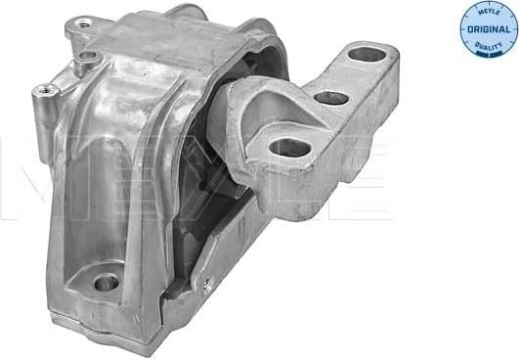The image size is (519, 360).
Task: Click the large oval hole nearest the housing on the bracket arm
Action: point(289,148)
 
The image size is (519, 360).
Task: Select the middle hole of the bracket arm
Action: point(331,98)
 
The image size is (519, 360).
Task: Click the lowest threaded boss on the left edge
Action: point(43,91)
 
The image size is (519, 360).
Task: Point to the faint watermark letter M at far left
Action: point(24,176)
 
